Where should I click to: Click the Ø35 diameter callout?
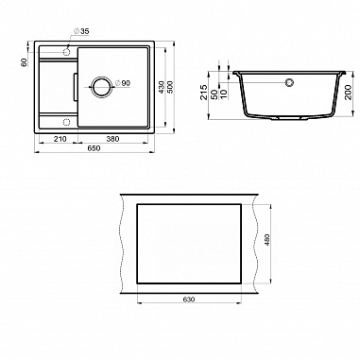point(81,31)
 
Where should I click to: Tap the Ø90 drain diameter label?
point(122,83)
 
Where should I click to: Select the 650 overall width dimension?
point(94,148)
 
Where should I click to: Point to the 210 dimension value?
point(60,139)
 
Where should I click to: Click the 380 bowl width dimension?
point(112,139)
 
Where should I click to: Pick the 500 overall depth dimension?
point(170,87)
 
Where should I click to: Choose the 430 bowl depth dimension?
point(161,87)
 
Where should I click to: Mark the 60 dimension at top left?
point(24,62)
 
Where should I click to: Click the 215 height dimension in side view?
point(204,93)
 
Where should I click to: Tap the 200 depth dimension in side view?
point(349,92)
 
